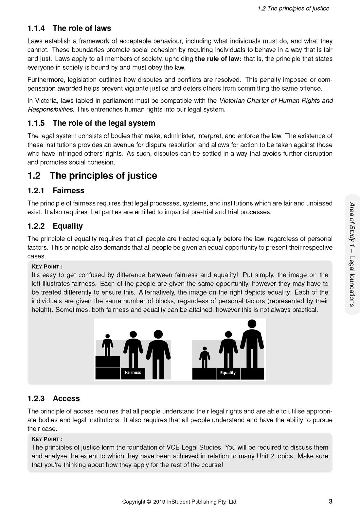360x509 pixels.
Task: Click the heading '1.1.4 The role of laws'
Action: pos(69,28)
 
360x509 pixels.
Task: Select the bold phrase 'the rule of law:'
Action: pos(218,59)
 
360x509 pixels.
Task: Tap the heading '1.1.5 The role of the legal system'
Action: pos(91,123)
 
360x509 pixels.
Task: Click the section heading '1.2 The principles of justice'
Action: pos(92,176)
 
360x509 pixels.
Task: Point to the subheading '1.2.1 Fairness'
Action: pos(56,191)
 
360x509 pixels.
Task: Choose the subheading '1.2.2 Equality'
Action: pos(55,226)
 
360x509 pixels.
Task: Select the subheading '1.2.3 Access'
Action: pos(54,398)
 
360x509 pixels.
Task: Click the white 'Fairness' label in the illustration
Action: pos(133,373)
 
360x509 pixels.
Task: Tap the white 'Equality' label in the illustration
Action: pos(228,373)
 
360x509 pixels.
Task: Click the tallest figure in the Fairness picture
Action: pos(158,355)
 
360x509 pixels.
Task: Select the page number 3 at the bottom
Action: pos(331,501)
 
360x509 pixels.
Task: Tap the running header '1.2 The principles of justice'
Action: pos(293,9)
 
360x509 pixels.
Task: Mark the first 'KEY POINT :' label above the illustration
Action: pos(47,267)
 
